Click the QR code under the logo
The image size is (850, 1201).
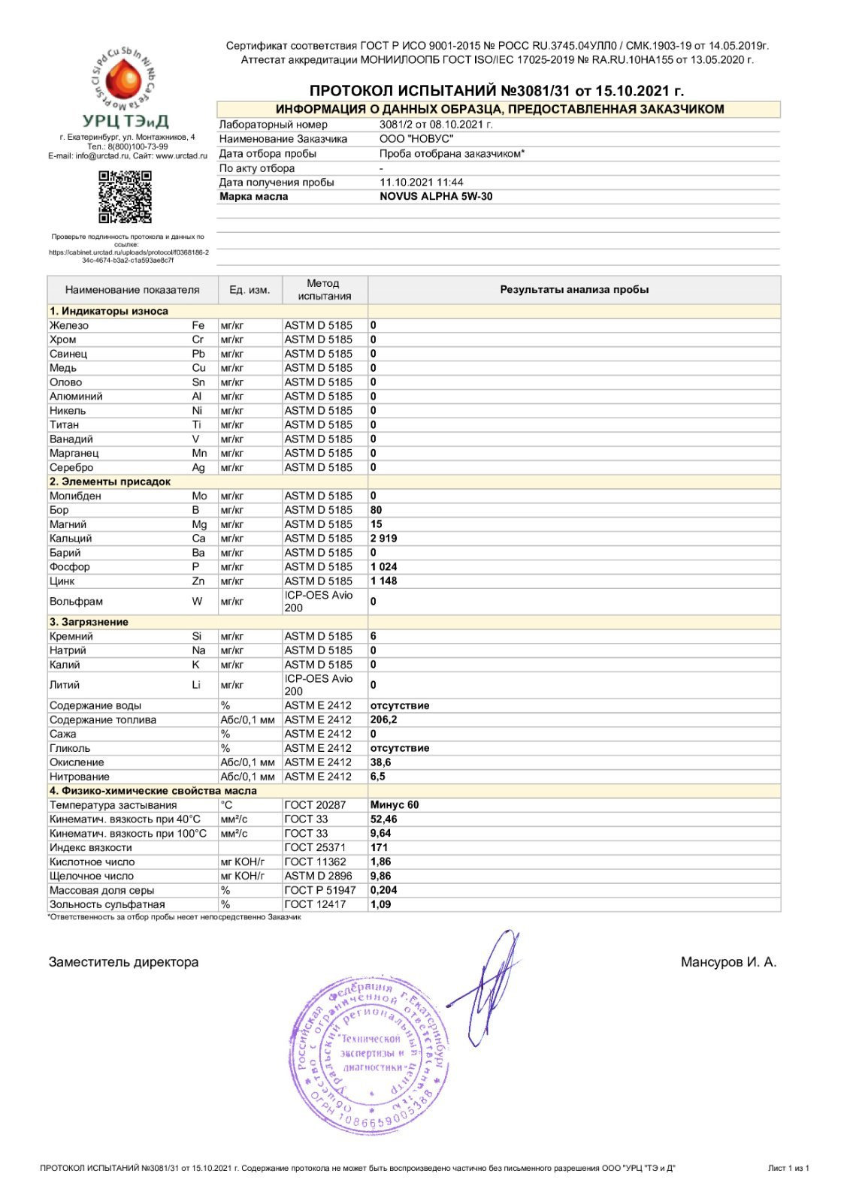click(125, 197)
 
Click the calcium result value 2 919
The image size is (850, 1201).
click(383, 539)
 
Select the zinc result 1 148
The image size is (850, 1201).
click(383, 581)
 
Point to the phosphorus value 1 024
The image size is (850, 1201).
click(383, 567)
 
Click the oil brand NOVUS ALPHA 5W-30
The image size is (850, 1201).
click(436, 197)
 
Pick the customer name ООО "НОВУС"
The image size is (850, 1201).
click(416, 139)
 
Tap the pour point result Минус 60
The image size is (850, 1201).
click(395, 805)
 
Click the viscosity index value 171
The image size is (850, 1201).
click(379, 847)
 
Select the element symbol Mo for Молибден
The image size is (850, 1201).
click(199, 496)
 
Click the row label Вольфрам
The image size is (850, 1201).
click(76, 602)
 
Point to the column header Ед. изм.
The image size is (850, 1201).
click(250, 290)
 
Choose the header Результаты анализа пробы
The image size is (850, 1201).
click(574, 290)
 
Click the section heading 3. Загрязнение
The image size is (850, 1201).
click(89, 622)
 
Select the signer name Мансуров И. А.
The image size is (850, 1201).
click(728, 962)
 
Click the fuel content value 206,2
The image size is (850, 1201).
click(383, 720)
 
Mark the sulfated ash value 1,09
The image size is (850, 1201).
click(380, 904)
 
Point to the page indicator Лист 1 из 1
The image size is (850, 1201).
click(788, 1168)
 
